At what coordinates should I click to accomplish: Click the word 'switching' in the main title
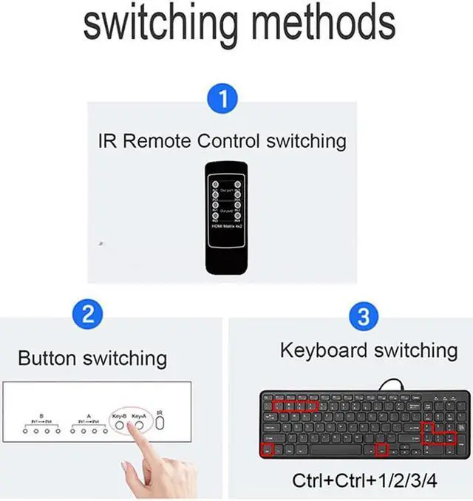coord(159,24)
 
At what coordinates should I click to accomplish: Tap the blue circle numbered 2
coord(87,316)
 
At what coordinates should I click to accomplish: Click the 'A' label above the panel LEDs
coord(89,416)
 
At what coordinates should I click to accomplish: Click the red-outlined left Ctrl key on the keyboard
coord(267,449)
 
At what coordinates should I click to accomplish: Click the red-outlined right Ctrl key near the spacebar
coord(381,449)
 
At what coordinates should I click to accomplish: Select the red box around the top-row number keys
coord(295,405)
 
